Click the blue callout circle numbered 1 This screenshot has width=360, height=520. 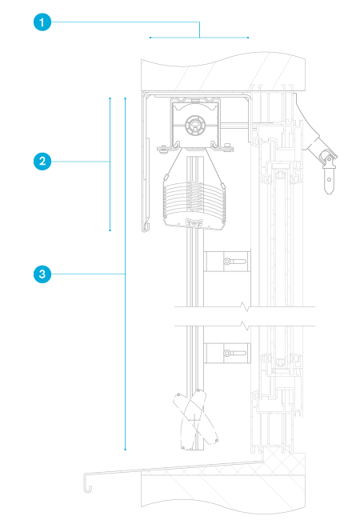(x=42, y=22)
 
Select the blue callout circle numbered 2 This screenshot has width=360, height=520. (x=42, y=162)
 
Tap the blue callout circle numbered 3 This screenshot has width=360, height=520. (x=42, y=274)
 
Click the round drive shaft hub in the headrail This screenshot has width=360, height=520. (x=195, y=125)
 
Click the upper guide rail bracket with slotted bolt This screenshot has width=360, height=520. (x=226, y=262)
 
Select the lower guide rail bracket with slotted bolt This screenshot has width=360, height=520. (x=226, y=353)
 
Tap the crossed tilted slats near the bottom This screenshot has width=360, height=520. (x=195, y=419)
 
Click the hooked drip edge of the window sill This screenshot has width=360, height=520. (x=87, y=482)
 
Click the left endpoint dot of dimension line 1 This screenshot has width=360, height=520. (x=150, y=38)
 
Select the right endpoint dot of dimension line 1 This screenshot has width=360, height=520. (x=248, y=38)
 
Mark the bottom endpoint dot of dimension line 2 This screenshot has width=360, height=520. (x=110, y=230)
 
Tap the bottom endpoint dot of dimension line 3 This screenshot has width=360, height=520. (x=126, y=450)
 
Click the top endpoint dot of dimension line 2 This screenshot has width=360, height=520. (x=110, y=98)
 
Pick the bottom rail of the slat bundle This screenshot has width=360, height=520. (x=194, y=224)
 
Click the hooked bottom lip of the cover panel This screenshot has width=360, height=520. (x=146, y=227)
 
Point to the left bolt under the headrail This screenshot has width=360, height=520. (x=162, y=149)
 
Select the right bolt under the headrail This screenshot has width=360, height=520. (x=227, y=148)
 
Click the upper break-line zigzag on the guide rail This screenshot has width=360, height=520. (x=246, y=306)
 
